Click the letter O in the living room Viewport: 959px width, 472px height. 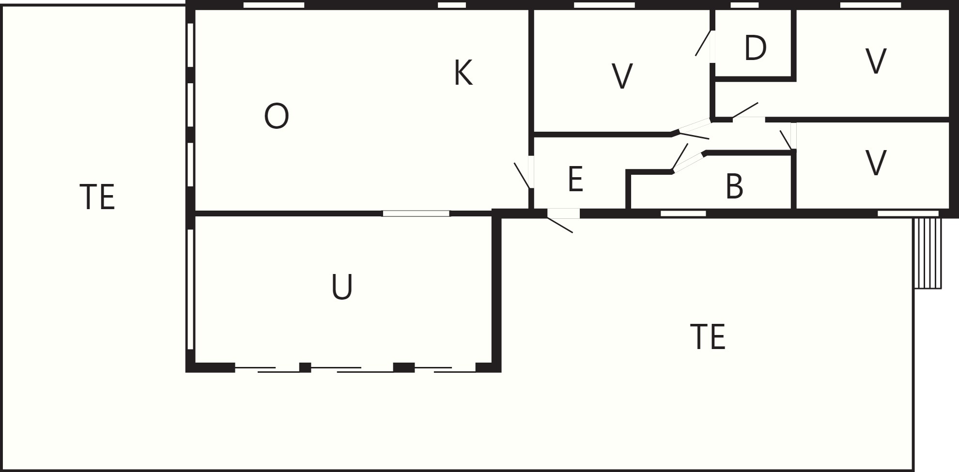click(x=277, y=117)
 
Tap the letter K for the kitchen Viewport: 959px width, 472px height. click(x=464, y=73)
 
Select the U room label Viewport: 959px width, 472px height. click(x=342, y=287)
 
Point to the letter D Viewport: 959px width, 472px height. click(x=756, y=48)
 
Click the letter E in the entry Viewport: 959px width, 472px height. click(x=575, y=179)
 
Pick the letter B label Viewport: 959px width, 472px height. click(x=734, y=186)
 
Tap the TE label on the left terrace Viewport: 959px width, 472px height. click(x=97, y=197)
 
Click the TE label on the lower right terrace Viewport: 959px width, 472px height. click(x=708, y=337)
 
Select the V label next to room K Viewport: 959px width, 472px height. click(x=622, y=76)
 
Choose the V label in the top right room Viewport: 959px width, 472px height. click(x=876, y=61)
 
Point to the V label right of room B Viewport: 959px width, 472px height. click(x=876, y=163)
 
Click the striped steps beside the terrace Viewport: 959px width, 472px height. click(x=928, y=253)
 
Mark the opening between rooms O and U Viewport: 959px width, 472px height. click(x=416, y=213)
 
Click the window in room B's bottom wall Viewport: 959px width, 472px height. click(x=683, y=213)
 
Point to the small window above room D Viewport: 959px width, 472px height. click(x=744, y=5)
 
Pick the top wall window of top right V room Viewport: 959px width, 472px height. click(x=870, y=5)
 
